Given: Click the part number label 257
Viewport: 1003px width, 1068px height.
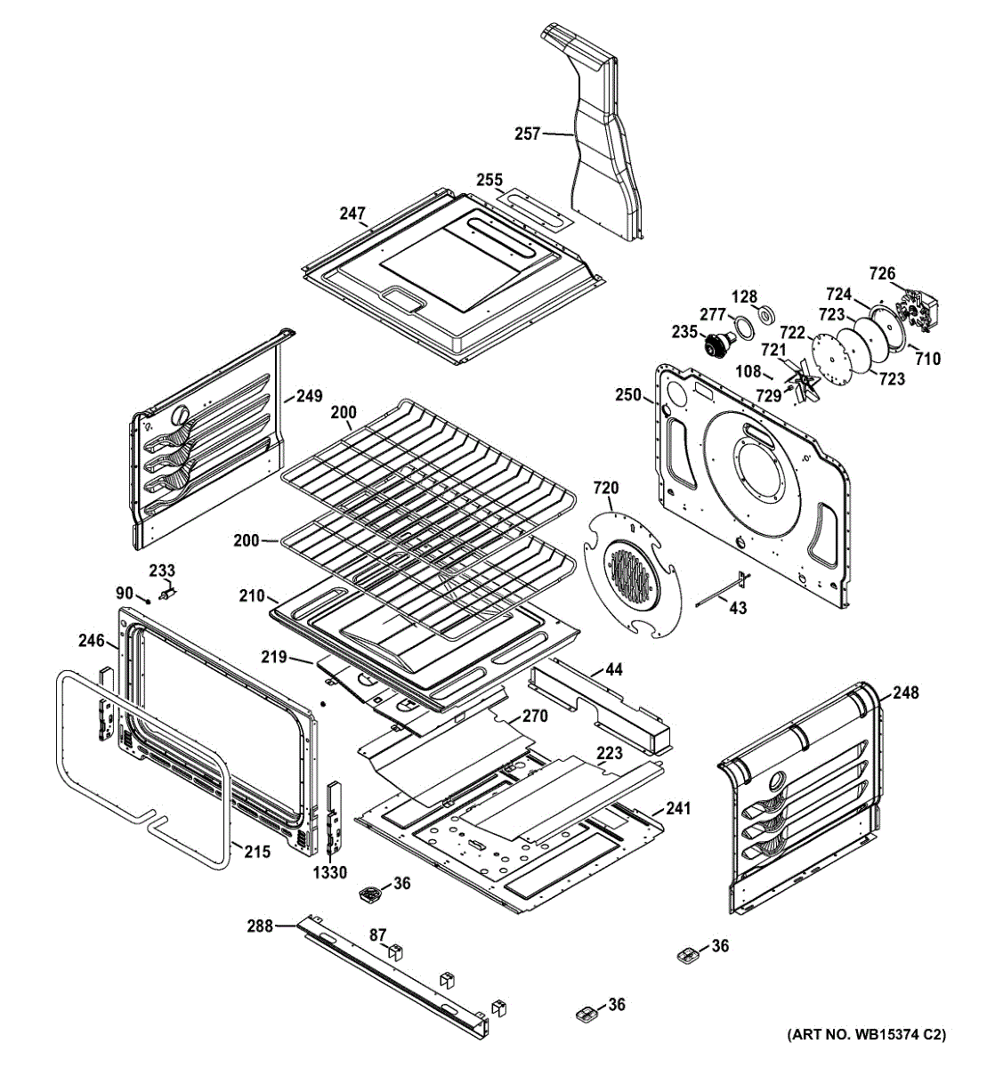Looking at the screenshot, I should tap(527, 133).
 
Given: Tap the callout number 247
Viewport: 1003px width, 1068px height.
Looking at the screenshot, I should tap(352, 214).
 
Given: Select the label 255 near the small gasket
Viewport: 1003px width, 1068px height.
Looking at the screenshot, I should tap(489, 180).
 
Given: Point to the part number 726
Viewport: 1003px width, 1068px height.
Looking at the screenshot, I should tap(882, 273).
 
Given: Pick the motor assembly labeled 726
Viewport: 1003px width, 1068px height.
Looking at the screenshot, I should tap(916, 312).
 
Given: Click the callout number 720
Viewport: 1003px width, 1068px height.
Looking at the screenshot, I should tap(605, 489).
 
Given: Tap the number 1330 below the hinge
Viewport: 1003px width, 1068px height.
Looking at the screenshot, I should tap(329, 873).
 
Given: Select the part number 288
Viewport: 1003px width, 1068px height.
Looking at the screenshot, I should tap(260, 926).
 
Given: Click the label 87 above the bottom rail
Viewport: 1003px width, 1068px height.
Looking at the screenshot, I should tap(378, 934).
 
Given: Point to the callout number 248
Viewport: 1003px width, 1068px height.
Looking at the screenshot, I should tap(906, 692).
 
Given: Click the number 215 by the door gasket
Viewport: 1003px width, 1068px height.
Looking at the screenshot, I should tap(257, 852).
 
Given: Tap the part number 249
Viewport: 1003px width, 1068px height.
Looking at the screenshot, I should tap(310, 397).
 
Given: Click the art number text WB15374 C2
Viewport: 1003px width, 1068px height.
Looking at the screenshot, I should tap(865, 1035).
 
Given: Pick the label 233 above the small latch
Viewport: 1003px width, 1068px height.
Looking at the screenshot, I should tap(162, 570).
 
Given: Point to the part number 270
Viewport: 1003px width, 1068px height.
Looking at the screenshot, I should tap(534, 716).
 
